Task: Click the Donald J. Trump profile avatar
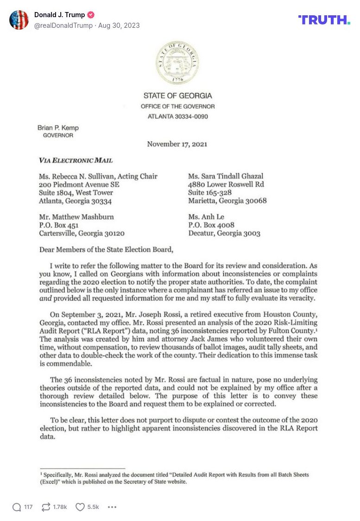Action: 19,20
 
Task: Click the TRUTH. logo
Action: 324,20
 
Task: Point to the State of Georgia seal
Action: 177,63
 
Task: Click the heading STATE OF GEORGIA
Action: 177,95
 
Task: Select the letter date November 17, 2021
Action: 177,144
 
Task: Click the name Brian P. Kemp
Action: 58,127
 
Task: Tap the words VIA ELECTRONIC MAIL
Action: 76,160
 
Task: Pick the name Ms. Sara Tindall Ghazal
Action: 226,176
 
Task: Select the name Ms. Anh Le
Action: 207,216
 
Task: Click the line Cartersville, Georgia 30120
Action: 82,233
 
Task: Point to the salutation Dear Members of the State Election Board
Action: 106,250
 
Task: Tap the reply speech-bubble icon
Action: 17,507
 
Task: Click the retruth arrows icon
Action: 46,507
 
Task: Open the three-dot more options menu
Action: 112,507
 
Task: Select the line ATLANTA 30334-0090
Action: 177,116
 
